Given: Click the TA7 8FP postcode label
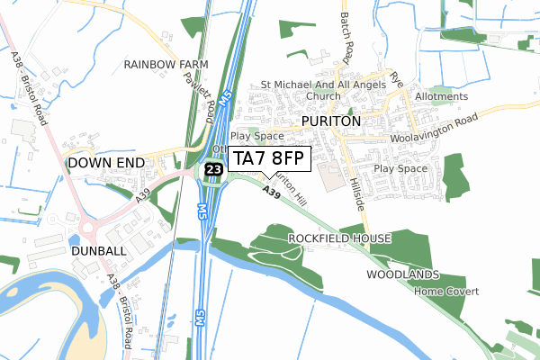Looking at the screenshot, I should pyautogui.click(x=271, y=159).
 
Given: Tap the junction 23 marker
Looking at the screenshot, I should pyautogui.click(x=213, y=168).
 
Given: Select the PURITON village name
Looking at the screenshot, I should pyautogui.click(x=331, y=121).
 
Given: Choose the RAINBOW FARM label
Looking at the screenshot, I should pyautogui.click(x=166, y=65).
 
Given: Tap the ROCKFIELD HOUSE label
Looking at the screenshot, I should pyautogui.click(x=339, y=238).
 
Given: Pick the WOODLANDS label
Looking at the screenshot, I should pyautogui.click(x=403, y=274).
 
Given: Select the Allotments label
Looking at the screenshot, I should pyautogui.click(x=441, y=96).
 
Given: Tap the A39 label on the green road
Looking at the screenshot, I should pyautogui.click(x=273, y=193).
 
